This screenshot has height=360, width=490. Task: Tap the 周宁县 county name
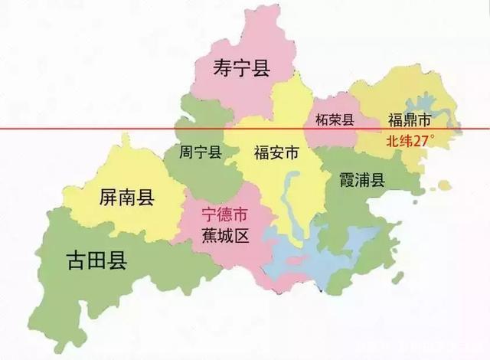tap(200, 152)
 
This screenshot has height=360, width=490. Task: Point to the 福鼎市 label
tap(410, 120)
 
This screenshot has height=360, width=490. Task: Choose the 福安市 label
tap(276, 152)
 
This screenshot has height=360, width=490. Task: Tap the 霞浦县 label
tap(362, 180)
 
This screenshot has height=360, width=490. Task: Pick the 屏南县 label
tap(127, 198)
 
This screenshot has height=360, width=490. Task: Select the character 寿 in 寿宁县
tap(222, 69)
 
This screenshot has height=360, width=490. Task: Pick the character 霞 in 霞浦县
tap(346, 180)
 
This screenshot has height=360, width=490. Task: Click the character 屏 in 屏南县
tap(108, 198)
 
